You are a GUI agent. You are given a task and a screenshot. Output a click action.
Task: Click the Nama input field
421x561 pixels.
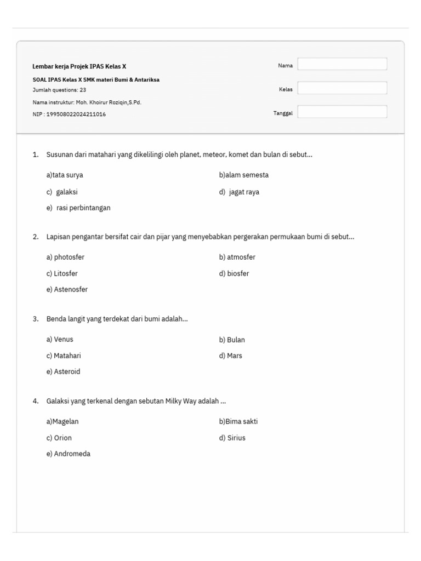click(x=342, y=65)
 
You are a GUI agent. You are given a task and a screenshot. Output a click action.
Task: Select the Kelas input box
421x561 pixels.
click(x=342, y=88)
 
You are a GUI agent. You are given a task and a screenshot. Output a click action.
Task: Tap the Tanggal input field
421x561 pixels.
click(x=342, y=112)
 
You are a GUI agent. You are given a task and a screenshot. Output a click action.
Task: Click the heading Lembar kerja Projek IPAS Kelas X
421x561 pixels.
click(x=79, y=66)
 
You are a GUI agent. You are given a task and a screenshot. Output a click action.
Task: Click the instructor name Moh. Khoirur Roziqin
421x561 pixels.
click(x=110, y=102)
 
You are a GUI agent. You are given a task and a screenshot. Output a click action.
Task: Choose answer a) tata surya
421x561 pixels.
click(x=65, y=175)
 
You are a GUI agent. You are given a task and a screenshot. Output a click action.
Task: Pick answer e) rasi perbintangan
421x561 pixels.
click(x=79, y=208)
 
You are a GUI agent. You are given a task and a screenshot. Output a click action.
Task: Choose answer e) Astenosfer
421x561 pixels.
click(x=67, y=289)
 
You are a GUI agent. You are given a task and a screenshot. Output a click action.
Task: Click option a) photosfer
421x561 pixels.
click(x=65, y=257)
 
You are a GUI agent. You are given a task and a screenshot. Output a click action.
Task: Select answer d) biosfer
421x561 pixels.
click(x=234, y=273)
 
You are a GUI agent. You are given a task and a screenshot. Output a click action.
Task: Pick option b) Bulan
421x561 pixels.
click(x=232, y=340)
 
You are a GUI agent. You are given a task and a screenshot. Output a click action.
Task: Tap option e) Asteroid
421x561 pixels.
click(x=63, y=371)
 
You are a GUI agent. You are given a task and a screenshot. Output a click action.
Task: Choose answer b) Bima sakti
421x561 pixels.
click(x=238, y=422)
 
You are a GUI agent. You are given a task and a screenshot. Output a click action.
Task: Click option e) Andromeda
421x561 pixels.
click(x=69, y=454)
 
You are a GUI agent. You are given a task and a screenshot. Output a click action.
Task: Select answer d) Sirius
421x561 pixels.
click(x=232, y=438)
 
